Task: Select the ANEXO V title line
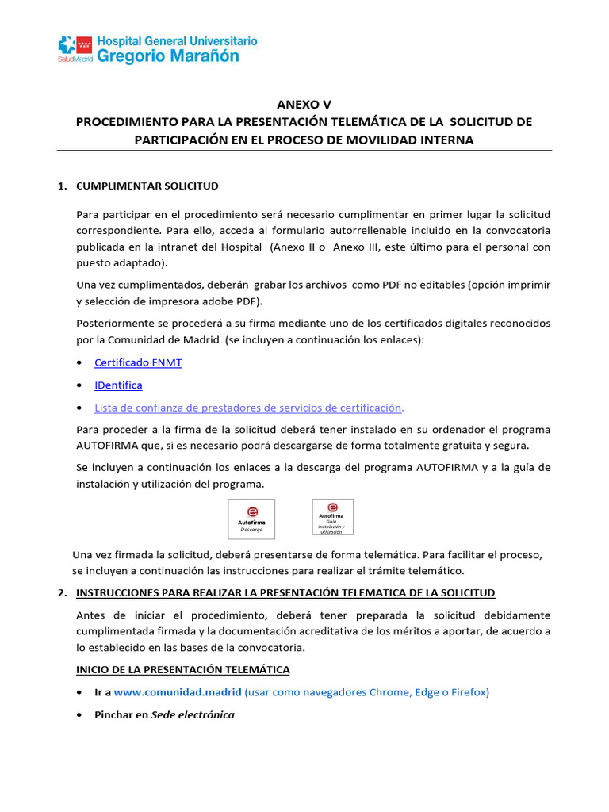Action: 304,105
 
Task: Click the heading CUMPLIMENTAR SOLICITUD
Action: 147,186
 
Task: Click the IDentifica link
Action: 118,385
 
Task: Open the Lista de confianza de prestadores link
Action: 248,407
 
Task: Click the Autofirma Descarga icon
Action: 251,519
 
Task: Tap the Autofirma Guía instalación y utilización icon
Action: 332,517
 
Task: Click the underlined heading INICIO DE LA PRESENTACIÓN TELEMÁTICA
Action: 183,669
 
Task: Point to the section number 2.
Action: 62,592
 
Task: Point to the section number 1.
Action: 62,186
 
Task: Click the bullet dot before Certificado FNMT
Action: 80,363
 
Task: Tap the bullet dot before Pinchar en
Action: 80,715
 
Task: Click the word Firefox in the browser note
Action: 469,691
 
